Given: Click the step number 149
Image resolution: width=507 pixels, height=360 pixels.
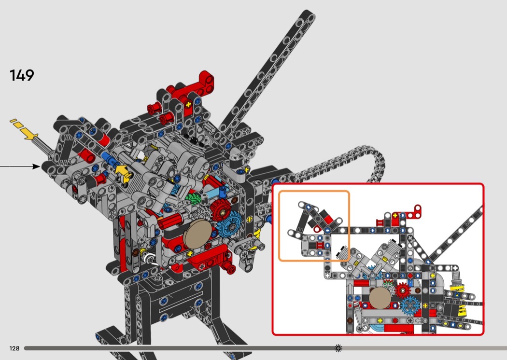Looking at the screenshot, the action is pyautogui.click(x=22, y=75).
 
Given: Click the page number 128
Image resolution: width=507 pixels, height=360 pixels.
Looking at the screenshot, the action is pyautogui.click(x=14, y=348).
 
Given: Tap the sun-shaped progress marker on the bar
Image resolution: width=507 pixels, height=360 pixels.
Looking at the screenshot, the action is pyautogui.click(x=338, y=348).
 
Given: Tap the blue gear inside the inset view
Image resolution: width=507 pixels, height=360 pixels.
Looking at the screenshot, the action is pyautogui.click(x=410, y=305).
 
